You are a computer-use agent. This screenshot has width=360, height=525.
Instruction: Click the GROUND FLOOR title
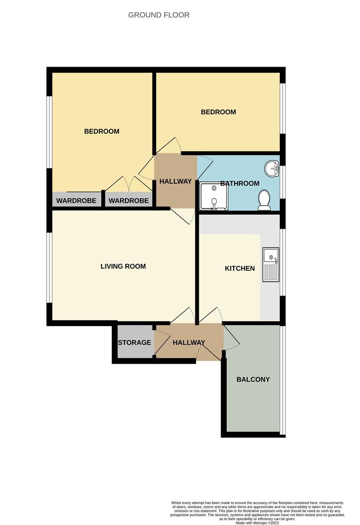(158, 15)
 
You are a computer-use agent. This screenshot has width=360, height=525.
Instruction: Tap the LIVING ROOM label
(123, 266)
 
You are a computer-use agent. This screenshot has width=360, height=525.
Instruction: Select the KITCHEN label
(240, 268)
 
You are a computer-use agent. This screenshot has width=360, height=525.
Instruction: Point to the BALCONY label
(253, 379)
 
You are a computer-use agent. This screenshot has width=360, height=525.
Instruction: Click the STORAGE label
(135, 343)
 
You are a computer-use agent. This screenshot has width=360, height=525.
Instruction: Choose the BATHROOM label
(240, 183)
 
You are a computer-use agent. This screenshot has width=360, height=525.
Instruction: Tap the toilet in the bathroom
(264, 200)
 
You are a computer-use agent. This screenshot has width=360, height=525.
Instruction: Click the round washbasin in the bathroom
(272, 168)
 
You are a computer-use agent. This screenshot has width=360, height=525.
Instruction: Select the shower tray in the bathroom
(214, 196)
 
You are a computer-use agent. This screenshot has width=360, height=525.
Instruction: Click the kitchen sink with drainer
(271, 264)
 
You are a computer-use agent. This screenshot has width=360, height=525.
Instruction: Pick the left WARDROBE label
(76, 201)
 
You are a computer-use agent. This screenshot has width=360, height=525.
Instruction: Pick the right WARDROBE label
(129, 201)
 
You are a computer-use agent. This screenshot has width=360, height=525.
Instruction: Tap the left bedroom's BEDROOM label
(102, 131)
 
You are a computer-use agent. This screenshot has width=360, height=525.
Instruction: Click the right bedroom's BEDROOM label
(218, 112)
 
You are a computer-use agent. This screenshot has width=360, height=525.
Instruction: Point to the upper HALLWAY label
(175, 181)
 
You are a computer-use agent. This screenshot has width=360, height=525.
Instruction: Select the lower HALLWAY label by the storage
(189, 343)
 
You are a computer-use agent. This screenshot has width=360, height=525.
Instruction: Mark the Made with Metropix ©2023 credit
(257, 522)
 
